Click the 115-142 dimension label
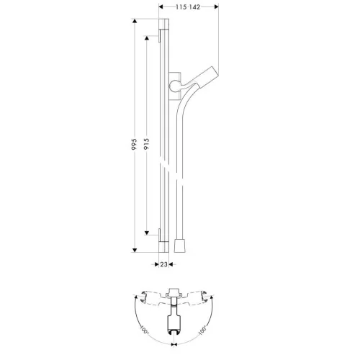(188, 7)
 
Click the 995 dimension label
(134, 144)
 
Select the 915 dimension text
(146, 143)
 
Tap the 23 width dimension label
(163, 264)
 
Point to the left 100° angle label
(144, 330)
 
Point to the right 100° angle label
(202, 330)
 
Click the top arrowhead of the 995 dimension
(135, 21)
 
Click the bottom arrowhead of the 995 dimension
(135, 250)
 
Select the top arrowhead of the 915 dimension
(147, 38)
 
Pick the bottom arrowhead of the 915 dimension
(147, 233)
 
